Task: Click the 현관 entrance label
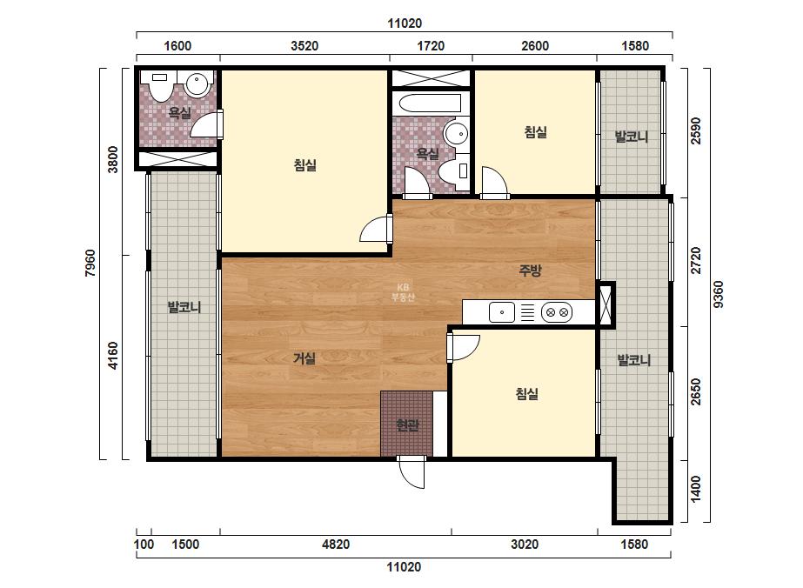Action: pyautogui.click(x=407, y=424)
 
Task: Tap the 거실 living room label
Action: pyautogui.click(x=304, y=358)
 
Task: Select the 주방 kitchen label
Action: pyautogui.click(x=531, y=271)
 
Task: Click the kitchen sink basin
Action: pyautogui.click(x=502, y=312)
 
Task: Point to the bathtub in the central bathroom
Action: pyautogui.click(x=430, y=104)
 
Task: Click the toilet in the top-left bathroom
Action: pyautogui.click(x=160, y=86)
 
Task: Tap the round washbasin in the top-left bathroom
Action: pyautogui.click(x=197, y=84)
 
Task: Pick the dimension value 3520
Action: pyautogui.click(x=304, y=46)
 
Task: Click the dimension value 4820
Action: pyautogui.click(x=336, y=544)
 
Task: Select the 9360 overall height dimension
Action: pyautogui.click(x=719, y=294)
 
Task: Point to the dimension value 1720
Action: pyautogui.click(x=431, y=46)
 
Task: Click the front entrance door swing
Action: pyautogui.click(x=412, y=471)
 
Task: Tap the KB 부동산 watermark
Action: pyautogui.click(x=403, y=292)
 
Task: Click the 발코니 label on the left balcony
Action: pyautogui.click(x=184, y=307)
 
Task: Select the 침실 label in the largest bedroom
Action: pyautogui.click(x=305, y=165)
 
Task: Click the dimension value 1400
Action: pyautogui.click(x=695, y=489)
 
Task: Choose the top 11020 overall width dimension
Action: pyautogui.click(x=405, y=23)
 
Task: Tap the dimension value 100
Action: pyautogui.click(x=144, y=544)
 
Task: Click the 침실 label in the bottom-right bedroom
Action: pyautogui.click(x=527, y=394)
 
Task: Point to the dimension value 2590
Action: pyautogui.click(x=695, y=131)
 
